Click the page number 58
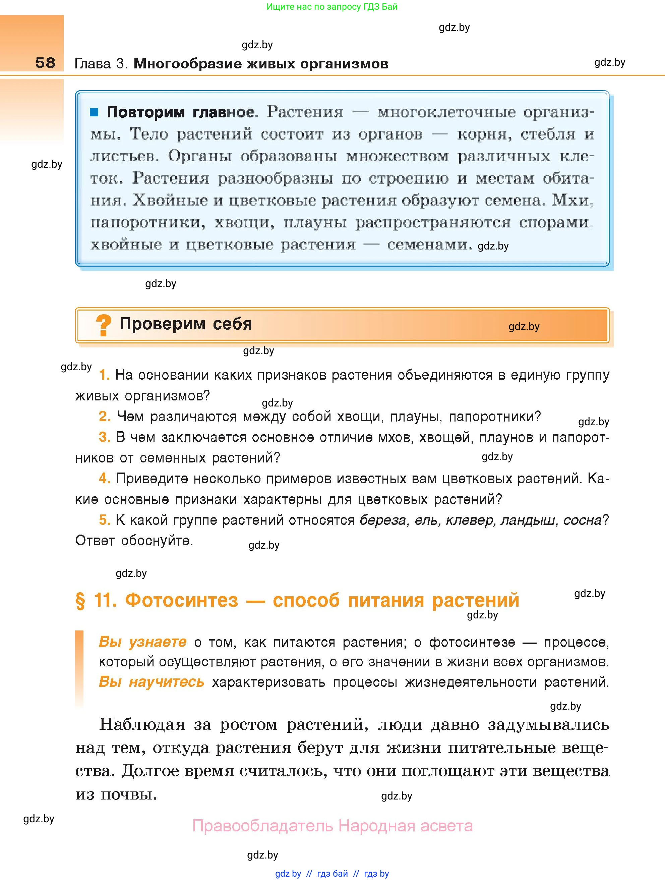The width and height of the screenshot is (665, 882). [x=45, y=63]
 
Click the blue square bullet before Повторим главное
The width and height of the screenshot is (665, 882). [x=94, y=112]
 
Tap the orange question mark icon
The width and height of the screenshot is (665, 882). [x=104, y=325]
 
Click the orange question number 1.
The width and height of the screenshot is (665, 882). [x=104, y=375]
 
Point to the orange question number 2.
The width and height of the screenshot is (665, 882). [x=104, y=417]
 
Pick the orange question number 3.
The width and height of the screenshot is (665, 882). [x=104, y=437]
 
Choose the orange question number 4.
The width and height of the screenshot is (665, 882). [x=104, y=479]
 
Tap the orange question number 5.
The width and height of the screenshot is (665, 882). [x=104, y=520]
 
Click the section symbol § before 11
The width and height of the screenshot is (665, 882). [x=80, y=601]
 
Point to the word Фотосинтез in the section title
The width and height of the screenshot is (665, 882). [x=182, y=600]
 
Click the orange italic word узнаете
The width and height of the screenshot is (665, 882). [x=158, y=642]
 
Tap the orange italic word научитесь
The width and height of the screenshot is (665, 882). [x=167, y=682]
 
